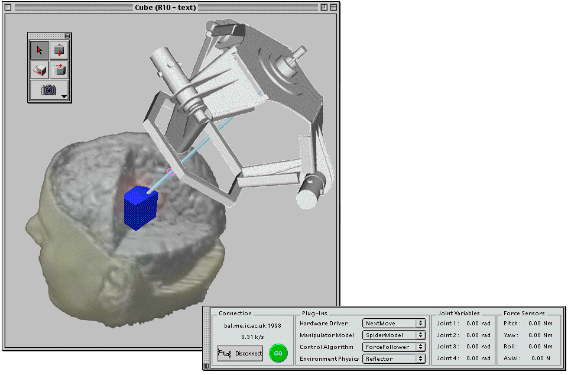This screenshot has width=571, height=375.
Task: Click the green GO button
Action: tap(278, 353)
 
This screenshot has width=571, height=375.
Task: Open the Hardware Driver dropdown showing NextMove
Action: tap(394, 324)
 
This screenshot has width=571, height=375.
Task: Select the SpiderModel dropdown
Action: tap(394, 335)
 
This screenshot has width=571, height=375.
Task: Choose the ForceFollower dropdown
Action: tap(394, 347)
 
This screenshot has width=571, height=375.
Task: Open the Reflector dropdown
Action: tap(394, 358)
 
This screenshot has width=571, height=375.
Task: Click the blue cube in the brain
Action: tap(141, 208)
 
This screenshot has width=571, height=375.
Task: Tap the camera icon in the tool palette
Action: tap(49, 90)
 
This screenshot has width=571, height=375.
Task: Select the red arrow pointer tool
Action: tap(40, 50)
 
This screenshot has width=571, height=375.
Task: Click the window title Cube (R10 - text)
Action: tap(166, 7)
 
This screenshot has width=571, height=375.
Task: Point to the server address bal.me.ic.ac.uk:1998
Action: tap(253, 325)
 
